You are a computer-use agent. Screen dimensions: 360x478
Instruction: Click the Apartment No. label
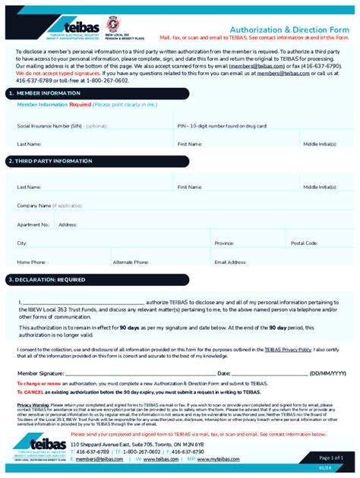[33, 225]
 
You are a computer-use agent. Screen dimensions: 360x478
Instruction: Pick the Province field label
[224, 243]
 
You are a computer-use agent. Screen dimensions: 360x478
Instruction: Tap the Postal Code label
[304, 243]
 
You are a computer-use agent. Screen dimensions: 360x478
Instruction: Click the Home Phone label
[32, 262]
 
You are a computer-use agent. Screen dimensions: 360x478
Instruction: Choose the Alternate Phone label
[131, 262]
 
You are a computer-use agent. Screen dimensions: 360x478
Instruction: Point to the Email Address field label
[231, 262]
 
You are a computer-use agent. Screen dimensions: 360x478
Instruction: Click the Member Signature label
[41, 373]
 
